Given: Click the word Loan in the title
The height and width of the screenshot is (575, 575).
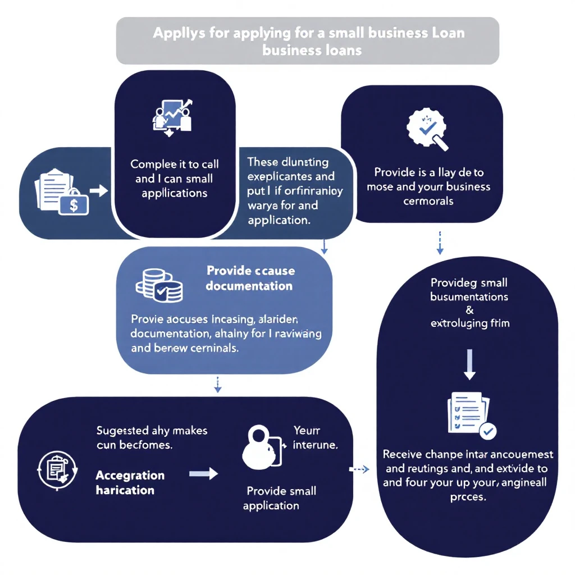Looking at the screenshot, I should pyautogui.click(x=448, y=32).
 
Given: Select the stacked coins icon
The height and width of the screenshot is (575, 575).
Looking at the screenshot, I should pyautogui.click(x=159, y=284).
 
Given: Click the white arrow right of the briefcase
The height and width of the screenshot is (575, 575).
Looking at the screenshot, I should pyautogui.click(x=99, y=191).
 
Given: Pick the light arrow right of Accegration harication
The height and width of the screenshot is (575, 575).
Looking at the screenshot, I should pyautogui.click(x=203, y=474).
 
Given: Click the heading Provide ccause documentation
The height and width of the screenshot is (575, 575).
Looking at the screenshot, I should pyautogui.click(x=249, y=278).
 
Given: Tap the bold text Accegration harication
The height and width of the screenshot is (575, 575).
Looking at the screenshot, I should pyautogui.click(x=130, y=482).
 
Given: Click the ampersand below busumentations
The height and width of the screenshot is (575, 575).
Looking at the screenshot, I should pyautogui.click(x=469, y=310).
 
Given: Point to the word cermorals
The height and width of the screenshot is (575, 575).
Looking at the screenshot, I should pyautogui.click(x=428, y=200).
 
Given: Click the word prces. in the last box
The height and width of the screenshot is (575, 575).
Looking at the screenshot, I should pyautogui.click(x=468, y=497).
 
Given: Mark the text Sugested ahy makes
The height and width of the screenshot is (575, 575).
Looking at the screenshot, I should pyautogui.click(x=152, y=431).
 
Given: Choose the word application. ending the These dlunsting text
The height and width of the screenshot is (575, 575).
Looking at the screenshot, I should pyautogui.click(x=279, y=220).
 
